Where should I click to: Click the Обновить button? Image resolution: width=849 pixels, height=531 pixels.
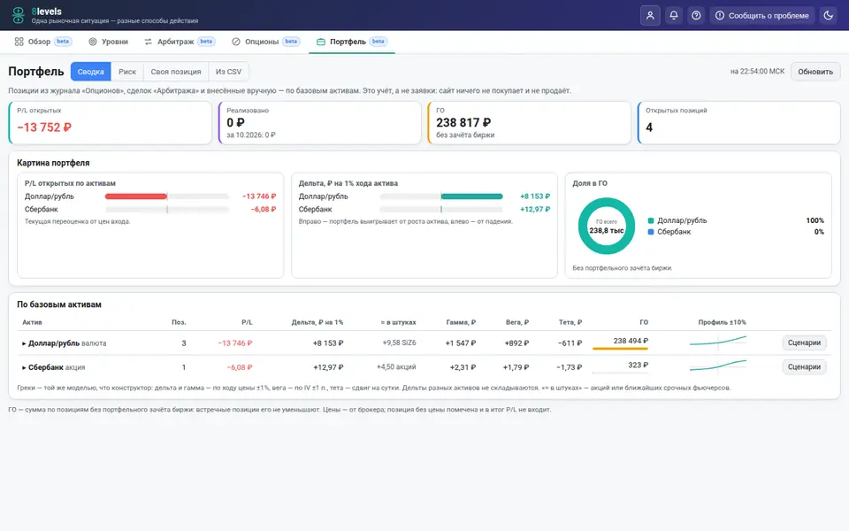coord(815,72)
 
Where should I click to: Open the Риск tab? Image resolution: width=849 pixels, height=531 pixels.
coord(127,72)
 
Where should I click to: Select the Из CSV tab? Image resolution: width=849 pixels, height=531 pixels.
coord(228,72)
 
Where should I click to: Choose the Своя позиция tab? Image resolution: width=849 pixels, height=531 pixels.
coord(175,72)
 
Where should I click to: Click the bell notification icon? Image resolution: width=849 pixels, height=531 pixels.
coord(674,15)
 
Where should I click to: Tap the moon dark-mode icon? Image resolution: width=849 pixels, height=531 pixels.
coord(828,15)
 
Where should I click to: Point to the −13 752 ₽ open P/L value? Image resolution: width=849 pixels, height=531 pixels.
coord(44,127)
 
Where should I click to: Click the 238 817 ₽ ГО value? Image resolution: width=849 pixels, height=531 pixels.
coord(463,123)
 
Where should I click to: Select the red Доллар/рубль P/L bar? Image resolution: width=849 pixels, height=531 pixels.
coord(136,196)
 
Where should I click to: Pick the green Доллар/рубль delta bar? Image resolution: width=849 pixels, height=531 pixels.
coord(471,196)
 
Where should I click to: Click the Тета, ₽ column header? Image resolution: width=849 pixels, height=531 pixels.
coord(570,322)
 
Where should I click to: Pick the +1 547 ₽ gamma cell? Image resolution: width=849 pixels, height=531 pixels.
coord(460,343)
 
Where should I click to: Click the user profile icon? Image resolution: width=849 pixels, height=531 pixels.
coord(650,15)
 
